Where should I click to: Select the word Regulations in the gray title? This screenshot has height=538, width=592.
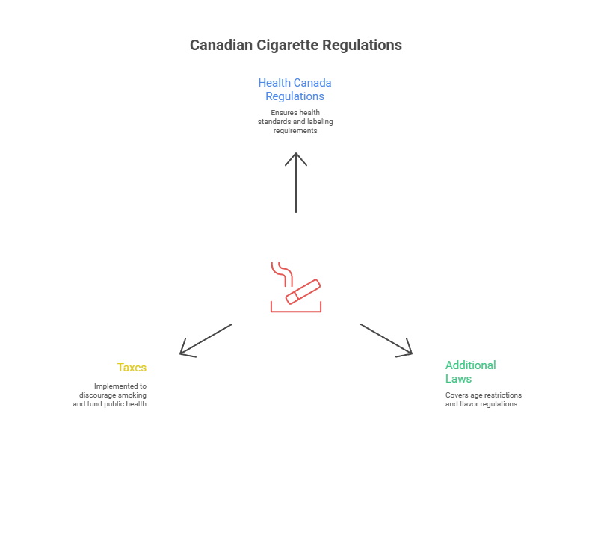tap(363, 46)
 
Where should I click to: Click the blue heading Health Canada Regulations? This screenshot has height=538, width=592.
tap(295, 90)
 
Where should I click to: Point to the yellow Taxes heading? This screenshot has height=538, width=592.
tap(132, 368)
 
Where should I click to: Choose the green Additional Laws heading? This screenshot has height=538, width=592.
tap(470, 371)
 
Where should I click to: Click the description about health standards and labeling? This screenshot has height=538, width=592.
tap(295, 122)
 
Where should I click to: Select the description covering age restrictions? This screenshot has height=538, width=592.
tap(483, 399)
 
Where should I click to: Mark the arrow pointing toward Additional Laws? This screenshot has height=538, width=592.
tap(385, 338)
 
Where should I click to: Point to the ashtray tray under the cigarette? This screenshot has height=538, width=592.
tap(296, 308)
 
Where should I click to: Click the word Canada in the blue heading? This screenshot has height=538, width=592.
tap(314, 83)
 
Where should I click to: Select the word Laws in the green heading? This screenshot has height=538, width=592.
tap(458, 378)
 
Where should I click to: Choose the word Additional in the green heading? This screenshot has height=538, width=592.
tap(470, 365)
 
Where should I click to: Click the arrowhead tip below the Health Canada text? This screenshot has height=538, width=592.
tap(296, 155)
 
